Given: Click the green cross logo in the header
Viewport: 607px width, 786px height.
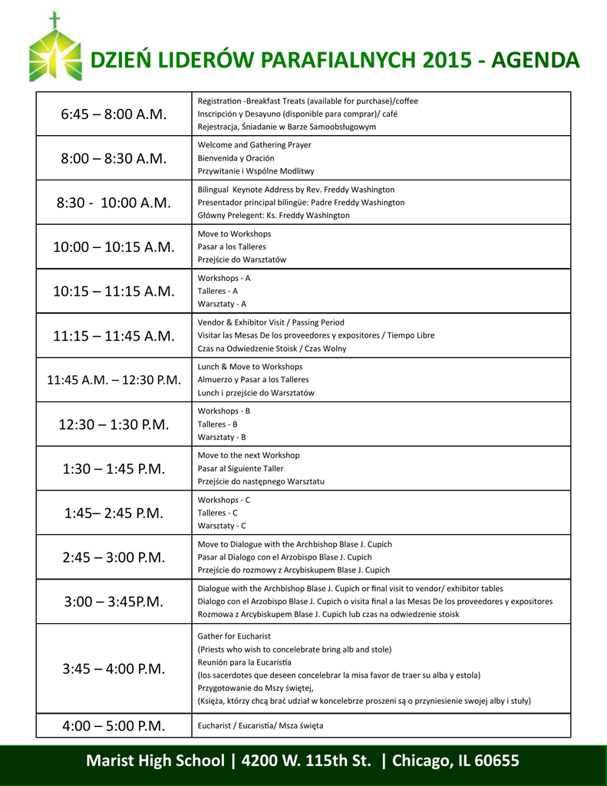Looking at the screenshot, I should click(54, 48).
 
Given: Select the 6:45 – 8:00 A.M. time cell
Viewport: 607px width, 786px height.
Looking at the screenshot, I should click(114, 114).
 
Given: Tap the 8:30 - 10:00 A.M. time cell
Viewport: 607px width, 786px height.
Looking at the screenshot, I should click(114, 203).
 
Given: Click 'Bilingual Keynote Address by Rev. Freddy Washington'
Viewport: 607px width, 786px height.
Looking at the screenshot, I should click(296, 190).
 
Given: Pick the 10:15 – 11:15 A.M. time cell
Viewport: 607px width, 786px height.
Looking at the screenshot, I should click(114, 291).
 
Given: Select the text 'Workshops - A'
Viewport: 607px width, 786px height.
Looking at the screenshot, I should click(224, 278).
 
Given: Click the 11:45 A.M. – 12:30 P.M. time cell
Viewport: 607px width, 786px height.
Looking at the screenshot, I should click(114, 380).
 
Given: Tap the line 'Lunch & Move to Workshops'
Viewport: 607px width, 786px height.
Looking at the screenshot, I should click(250, 367).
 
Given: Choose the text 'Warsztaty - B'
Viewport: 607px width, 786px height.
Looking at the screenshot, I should click(222, 438).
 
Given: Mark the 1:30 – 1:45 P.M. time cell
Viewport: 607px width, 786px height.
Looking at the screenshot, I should click(114, 468).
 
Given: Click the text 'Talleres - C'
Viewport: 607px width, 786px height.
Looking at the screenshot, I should click(218, 513).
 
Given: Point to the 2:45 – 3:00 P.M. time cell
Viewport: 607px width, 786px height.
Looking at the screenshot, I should click(114, 557).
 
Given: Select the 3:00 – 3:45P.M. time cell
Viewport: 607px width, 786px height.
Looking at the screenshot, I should click(114, 602).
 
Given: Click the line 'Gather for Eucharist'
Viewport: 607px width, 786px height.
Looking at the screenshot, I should click(234, 636).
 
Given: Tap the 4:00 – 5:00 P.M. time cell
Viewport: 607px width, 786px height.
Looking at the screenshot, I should click(114, 725).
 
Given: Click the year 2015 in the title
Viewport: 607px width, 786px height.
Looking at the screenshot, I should click(428, 60).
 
